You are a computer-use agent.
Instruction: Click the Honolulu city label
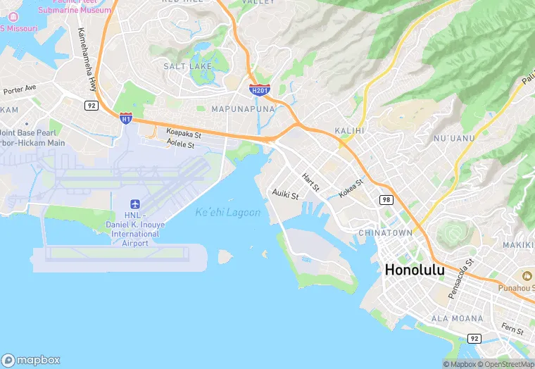[x=424, y=270]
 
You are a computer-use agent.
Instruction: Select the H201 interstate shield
[x=259, y=89]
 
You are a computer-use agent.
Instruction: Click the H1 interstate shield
[x=126, y=118]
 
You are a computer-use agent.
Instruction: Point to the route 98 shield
[x=386, y=201]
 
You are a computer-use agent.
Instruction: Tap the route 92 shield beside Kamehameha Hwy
[x=91, y=105]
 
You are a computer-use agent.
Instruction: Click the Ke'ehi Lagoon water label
[x=227, y=212]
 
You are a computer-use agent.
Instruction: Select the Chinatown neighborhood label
[x=385, y=232]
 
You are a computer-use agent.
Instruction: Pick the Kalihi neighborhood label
[x=350, y=130]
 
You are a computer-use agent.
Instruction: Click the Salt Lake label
[x=187, y=66]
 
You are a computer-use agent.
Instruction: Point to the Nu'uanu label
[x=455, y=138]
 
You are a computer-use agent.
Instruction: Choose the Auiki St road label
[x=287, y=194]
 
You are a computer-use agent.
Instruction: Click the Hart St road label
[x=310, y=182]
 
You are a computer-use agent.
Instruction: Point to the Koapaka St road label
[x=184, y=132]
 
